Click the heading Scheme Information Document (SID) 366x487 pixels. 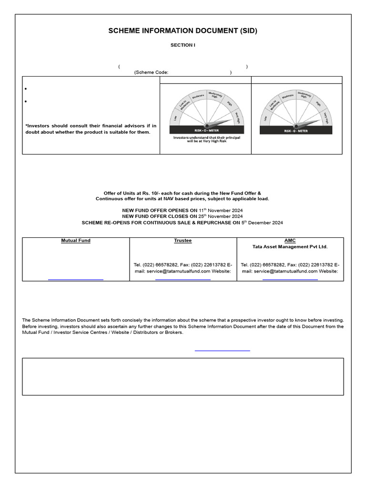[183, 31]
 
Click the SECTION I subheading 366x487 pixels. [183, 45]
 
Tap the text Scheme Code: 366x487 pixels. [151, 73]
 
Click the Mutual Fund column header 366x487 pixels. [76, 241]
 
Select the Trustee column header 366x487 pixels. [183, 241]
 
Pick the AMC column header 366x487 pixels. [290, 241]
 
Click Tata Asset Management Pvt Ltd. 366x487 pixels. [290, 247]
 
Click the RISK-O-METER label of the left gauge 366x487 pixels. [206, 129]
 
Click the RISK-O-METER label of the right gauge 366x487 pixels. [296, 130]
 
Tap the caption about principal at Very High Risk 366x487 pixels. [206, 139]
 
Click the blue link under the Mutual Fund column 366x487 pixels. [76, 279]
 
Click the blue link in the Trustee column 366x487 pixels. [183, 279]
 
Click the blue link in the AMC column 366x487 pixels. [290, 279]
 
